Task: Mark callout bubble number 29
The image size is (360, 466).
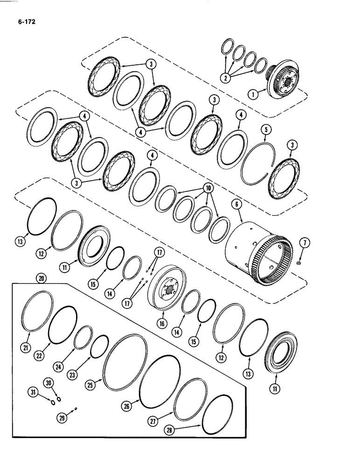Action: pos(63,418)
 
